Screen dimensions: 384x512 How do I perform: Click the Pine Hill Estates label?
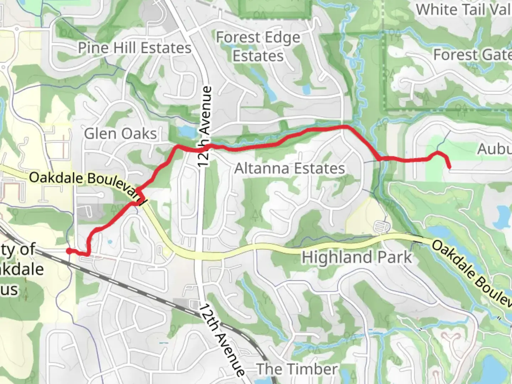(134, 48)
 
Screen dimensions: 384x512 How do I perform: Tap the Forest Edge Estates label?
(258, 47)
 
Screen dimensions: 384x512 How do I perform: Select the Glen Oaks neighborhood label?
(120, 134)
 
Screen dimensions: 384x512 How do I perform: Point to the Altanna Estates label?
(289, 168)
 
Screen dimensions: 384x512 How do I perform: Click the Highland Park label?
(357, 257)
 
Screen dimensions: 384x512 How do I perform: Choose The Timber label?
(297, 369)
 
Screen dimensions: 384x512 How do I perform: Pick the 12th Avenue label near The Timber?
(222, 340)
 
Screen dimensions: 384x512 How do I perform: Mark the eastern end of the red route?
(449, 166)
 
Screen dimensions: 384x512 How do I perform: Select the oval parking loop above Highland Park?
(381, 226)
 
